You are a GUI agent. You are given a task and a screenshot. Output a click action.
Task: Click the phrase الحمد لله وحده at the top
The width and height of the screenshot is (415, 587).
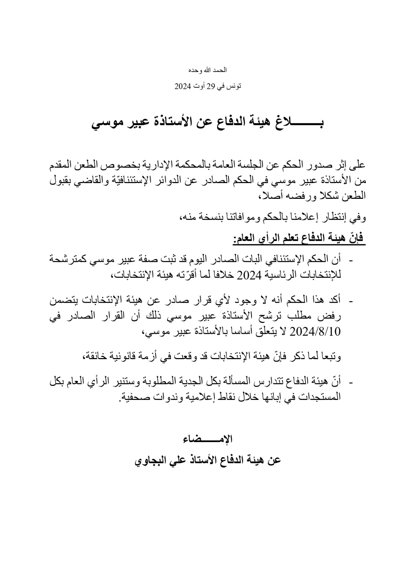[x=207, y=70]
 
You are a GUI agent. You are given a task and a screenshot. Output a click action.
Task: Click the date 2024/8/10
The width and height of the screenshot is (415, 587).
[x=316, y=332]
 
